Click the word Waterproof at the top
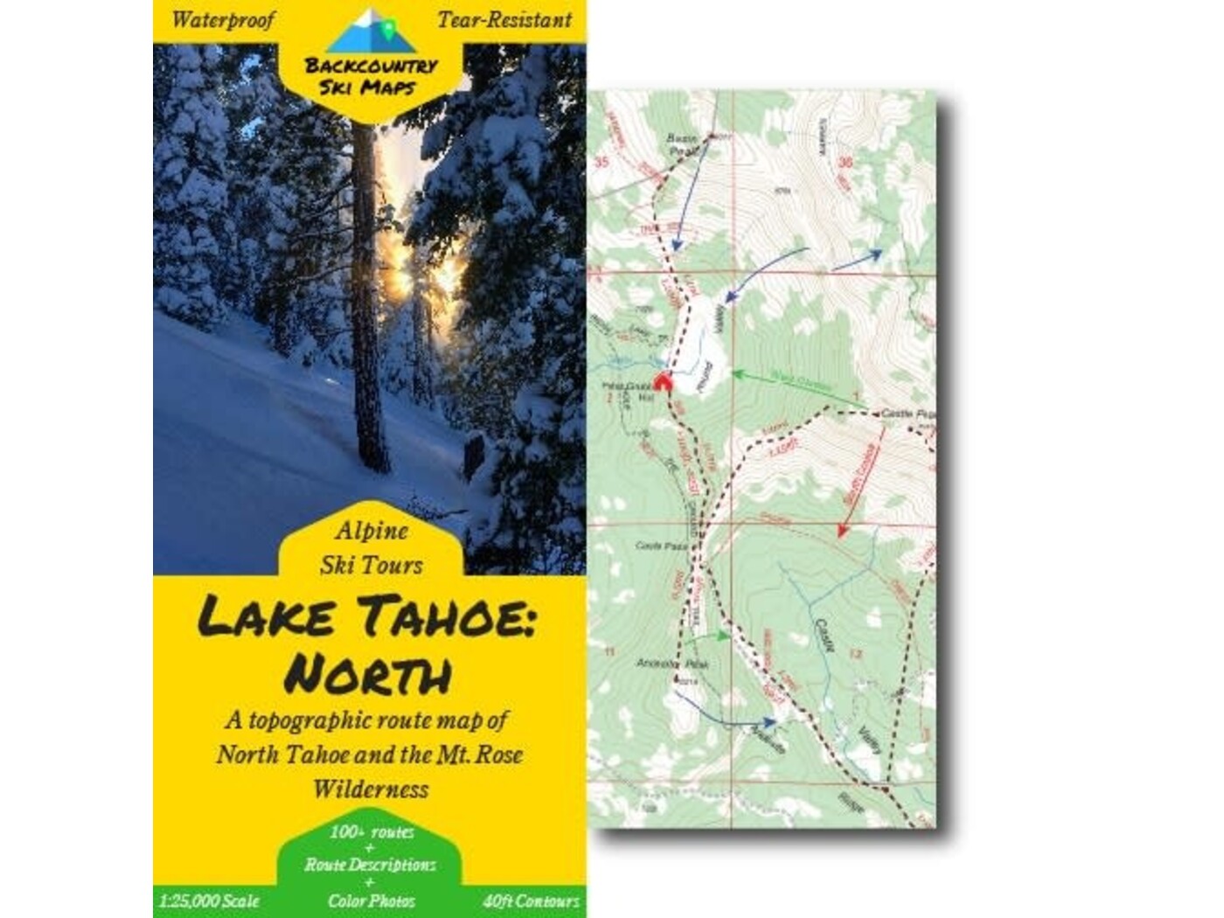tap(223, 20)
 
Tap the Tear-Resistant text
tap(504, 20)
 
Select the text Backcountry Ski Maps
tap(371, 76)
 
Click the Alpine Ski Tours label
tap(371, 548)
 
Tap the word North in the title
tap(368, 674)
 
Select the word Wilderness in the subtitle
tap(371, 789)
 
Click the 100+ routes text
tap(371, 831)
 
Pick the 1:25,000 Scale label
tap(210, 901)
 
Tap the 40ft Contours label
tap(531, 901)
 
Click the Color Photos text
tap(371, 901)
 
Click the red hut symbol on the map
tap(663, 383)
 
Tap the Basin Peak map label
tap(683, 144)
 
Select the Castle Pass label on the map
tap(661, 546)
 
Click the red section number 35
tap(601, 162)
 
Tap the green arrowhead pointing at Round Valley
tap(736, 375)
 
